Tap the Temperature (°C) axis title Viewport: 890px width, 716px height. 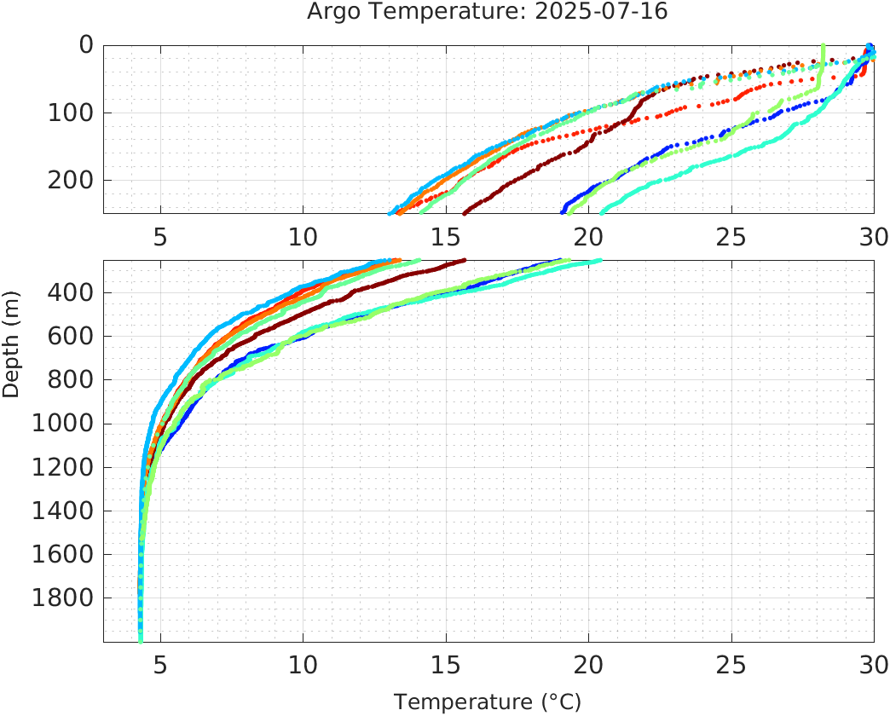click(x=488, y=702)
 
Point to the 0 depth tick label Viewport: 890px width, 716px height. click(x=86, y=45)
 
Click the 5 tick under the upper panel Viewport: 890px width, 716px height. click(x=160, y=236)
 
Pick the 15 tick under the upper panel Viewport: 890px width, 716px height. click(x=445, y=236)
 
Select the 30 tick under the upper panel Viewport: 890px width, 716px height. click(x=871, y=236)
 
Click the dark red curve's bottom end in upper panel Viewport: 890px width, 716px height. click(x=465, y=212)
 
